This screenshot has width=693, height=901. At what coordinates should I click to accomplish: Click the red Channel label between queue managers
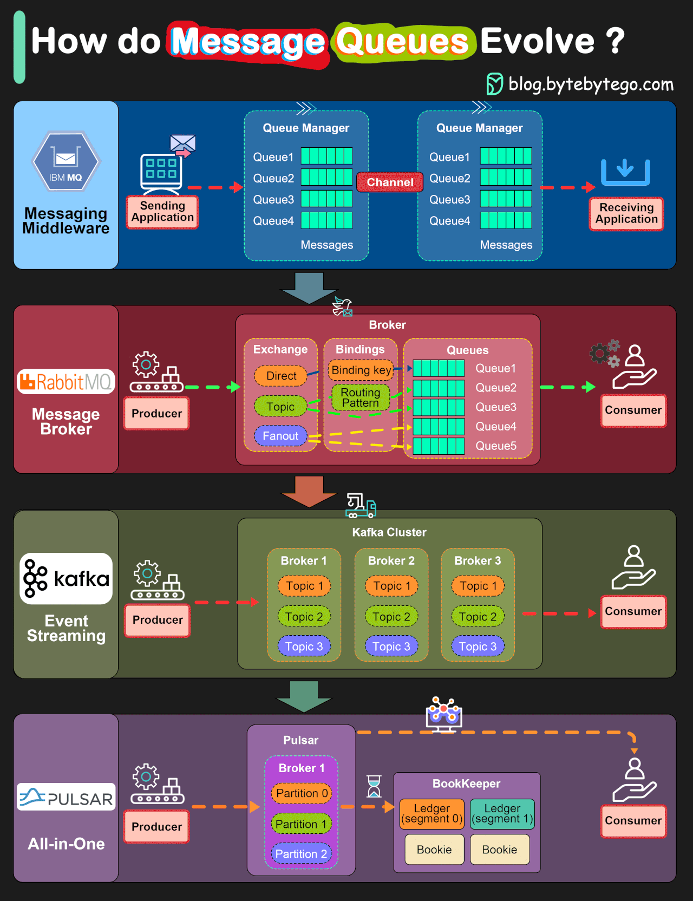tap(390, 182)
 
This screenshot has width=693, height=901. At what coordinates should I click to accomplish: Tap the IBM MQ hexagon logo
tap(66, 162)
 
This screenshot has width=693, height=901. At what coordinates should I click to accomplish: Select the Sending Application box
tap(162, 212)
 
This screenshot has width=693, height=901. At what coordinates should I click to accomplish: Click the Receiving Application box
tap(626, 214)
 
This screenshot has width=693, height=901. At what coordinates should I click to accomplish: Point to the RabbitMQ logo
tap(66, 382)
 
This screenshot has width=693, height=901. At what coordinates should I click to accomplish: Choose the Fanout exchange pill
tap(280, 436)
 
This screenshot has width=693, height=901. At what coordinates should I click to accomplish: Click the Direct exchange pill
tap(281, 376)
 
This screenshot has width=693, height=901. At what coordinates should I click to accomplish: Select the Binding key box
tap(361, 370)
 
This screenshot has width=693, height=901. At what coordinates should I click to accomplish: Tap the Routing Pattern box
tap(361, 397)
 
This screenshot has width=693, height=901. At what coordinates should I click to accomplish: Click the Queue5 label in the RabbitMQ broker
tap(495, 446)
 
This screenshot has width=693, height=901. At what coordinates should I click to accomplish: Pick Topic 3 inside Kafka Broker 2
tap(391, 647)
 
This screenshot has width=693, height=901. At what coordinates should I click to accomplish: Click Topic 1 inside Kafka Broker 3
tap(478, 586)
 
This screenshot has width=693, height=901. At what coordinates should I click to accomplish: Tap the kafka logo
tap(66, 579)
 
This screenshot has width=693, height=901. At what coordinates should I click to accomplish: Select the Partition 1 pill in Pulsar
tap(301, 824)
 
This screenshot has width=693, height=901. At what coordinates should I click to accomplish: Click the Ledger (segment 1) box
tap(502, 814)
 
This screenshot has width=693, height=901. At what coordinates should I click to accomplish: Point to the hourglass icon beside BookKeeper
tap(374, 786)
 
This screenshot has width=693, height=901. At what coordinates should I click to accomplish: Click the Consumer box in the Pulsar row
tap(633, 821)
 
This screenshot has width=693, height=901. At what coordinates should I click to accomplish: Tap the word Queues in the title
tap(402, 42)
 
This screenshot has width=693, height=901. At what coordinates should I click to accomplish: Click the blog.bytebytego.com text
tap(591, 84)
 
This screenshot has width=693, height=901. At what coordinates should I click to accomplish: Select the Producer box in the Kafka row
tap(158, 620)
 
